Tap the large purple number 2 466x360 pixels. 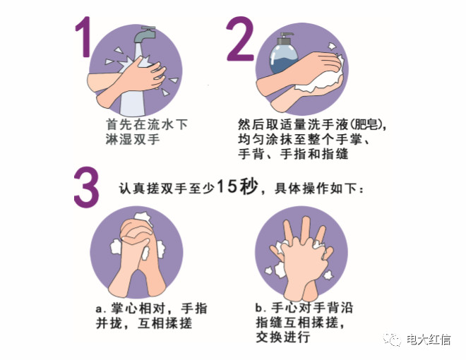(241, 39)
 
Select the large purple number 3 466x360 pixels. (86, 188)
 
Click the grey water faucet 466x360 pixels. (145, 35)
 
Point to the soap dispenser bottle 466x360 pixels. (284, 54)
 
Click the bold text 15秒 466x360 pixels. (237, 187)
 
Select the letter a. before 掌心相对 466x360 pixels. (100, 309)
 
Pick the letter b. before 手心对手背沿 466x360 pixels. (261, 308)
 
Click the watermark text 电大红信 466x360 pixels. (429, 340)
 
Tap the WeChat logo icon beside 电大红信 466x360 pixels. (393, 340)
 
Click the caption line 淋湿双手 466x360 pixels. (133, 139)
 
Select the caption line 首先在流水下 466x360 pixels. (147, 124)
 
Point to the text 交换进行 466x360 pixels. (283, 337)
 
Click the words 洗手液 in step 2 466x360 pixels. (328, 125)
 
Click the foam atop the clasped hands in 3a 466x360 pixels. (144, 218)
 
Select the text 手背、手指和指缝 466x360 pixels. (293, 155)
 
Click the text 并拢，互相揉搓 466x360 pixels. (144, 324)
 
